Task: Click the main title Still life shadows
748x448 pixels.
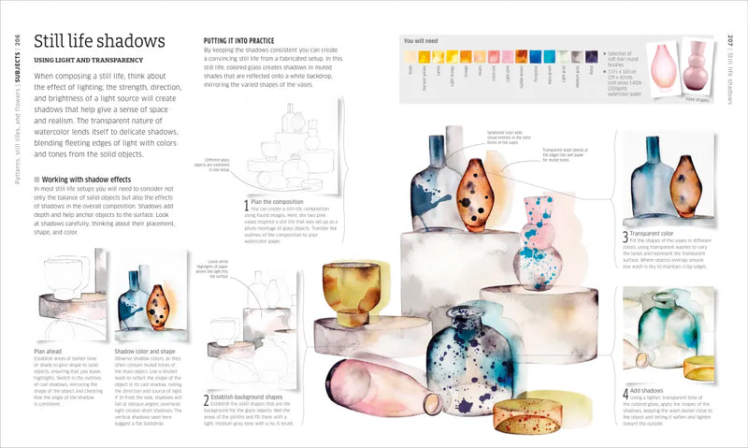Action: coord(99,42)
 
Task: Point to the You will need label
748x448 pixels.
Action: coord(421,41)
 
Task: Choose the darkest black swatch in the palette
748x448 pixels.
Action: coord(591,57)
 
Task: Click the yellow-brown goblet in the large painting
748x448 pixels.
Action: coord(352,292)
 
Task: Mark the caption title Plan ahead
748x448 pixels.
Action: coord(49,351)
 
